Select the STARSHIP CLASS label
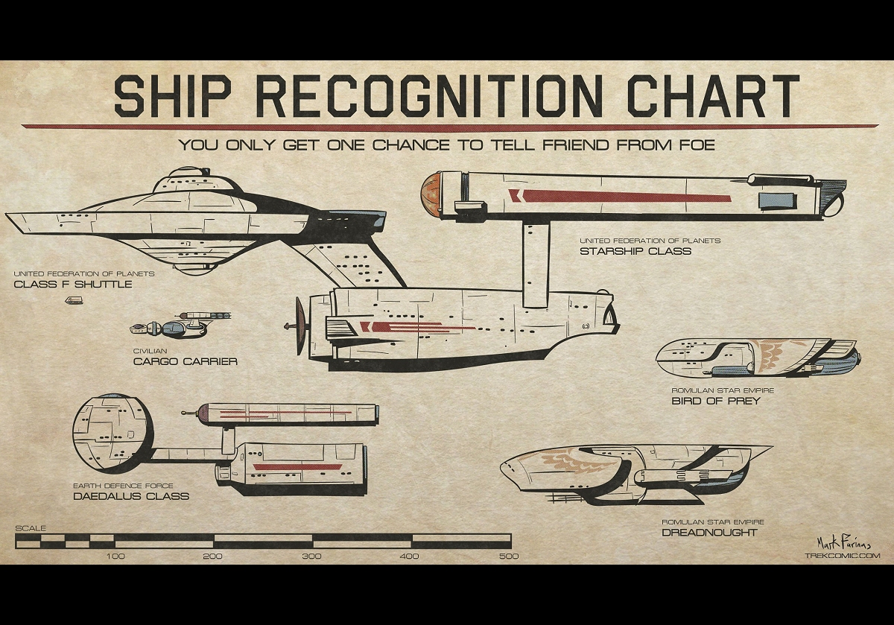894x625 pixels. tap(635, 251)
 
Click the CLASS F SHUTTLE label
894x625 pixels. tap(73, 284)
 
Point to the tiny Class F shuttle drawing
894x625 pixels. tap(74, 300)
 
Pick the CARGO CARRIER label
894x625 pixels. tap(185, 361)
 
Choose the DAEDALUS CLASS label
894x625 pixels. tap(131, 495)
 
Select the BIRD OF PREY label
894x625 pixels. tap(715, 401)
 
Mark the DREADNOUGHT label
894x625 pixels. tap(709, 532)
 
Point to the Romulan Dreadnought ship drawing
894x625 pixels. tap(633, 469)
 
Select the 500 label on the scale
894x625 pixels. tap(510, 556)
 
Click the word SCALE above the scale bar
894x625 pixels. tap(30, 528)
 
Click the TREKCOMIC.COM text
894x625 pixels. tap(843, 555)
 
